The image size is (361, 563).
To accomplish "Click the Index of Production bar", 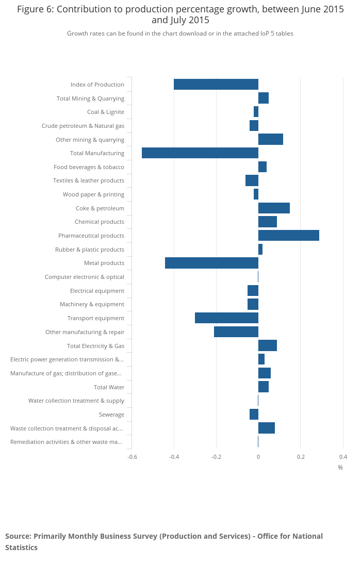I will coord(216,85).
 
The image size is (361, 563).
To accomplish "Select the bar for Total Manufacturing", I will coord(200,153).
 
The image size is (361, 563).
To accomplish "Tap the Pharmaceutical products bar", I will coord(289,236).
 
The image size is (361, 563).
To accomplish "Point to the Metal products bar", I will coord(211,263).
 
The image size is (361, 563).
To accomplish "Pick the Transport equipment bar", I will coord(226,318).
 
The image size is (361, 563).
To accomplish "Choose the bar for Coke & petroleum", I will coord(274,208).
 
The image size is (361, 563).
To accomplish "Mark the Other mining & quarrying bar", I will coord(271,139).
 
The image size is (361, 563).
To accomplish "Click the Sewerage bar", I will coord(254,415).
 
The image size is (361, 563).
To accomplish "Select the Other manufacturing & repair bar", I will coord(236,332).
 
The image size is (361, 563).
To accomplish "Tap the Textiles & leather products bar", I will coord(252,180).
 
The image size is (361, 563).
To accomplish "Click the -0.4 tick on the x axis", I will coord(174,457).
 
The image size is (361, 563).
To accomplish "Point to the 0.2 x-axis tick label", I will coord(301,457).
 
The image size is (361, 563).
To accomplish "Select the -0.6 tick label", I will coord(132,457).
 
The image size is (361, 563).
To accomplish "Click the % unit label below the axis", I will coord(340,468).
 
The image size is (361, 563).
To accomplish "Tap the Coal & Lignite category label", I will coord(106,112).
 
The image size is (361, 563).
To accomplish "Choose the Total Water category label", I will coord(109,387).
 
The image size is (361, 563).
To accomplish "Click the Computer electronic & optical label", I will coord(85,277).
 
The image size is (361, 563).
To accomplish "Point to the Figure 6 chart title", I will coord(180,15).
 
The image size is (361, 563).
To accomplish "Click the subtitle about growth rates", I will coord(180,34).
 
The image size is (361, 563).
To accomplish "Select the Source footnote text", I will coord(164,541).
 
